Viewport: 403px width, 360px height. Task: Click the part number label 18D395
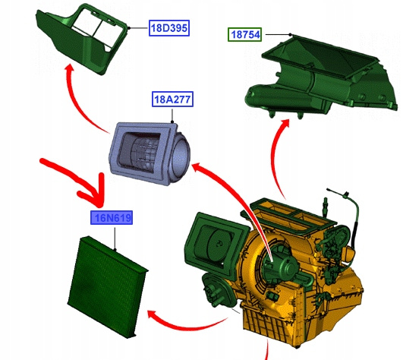click(x=169, y=28)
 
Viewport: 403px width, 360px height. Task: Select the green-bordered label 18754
click(x=244, y=34)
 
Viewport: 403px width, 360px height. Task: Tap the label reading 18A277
click(x=172, y=99)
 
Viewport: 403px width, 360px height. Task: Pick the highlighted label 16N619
click(x=112, y=218)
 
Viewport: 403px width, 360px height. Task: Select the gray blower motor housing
click(x=150, y=153)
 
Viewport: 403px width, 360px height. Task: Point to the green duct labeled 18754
click(x=321, y=77)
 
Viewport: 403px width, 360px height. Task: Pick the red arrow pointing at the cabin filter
click(x=185, y=326)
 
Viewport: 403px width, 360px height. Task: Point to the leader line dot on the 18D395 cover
click(x=129, y=28)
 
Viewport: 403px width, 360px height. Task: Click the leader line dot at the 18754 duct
click(x=290, y=34)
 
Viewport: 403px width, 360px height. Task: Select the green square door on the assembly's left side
click(x=216, y=242)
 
